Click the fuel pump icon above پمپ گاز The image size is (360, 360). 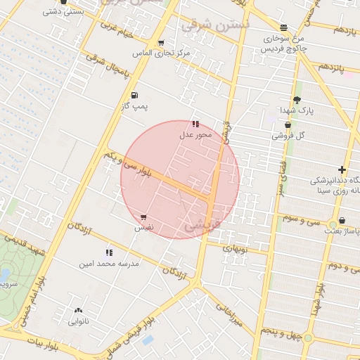click(134, 95)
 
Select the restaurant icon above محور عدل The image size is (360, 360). click(195, 124)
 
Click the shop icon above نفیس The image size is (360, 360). click(143, 217)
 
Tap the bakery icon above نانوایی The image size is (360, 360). click(77, 309)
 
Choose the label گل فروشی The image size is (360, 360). click(290, 135)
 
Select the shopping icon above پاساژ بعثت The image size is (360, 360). click(342, 220)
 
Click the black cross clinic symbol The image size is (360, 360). click(342, 169)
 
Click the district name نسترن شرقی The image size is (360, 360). click(215, 25)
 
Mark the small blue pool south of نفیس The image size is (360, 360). click(148, 340)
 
